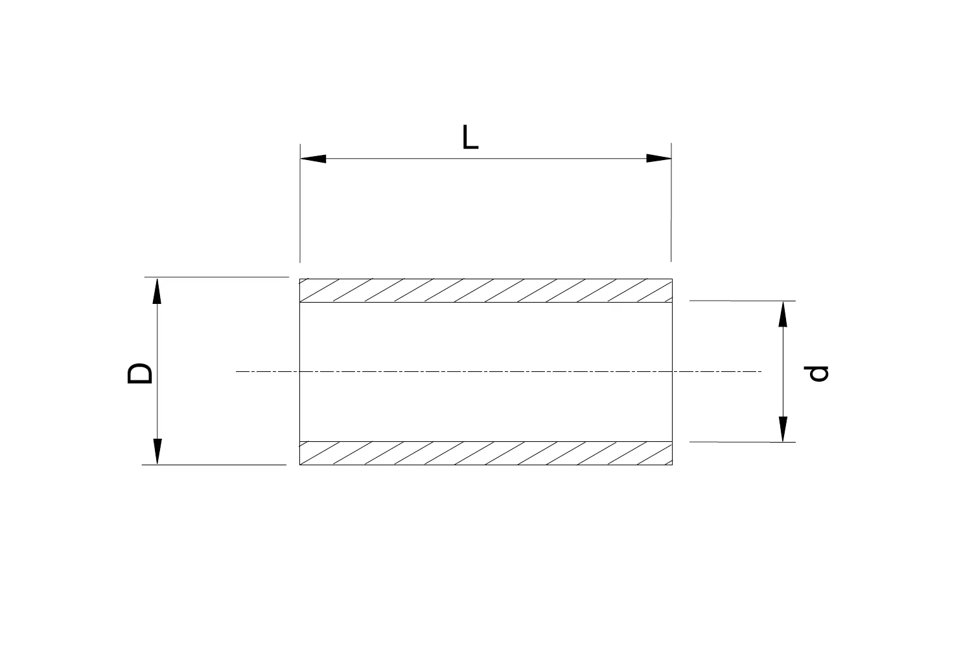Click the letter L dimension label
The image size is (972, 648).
(x=470, y=137)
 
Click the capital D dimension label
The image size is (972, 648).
(x=140, y=373)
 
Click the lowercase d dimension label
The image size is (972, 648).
(x=818, y=373)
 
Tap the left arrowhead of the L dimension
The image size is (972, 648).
(x=314, y=159)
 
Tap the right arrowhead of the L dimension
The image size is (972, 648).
(x=658, y=159)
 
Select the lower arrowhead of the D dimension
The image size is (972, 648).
(x=156, y=451)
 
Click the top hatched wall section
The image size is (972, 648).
(x=486, y=291)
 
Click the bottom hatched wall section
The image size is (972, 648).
(x=486, y=453)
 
